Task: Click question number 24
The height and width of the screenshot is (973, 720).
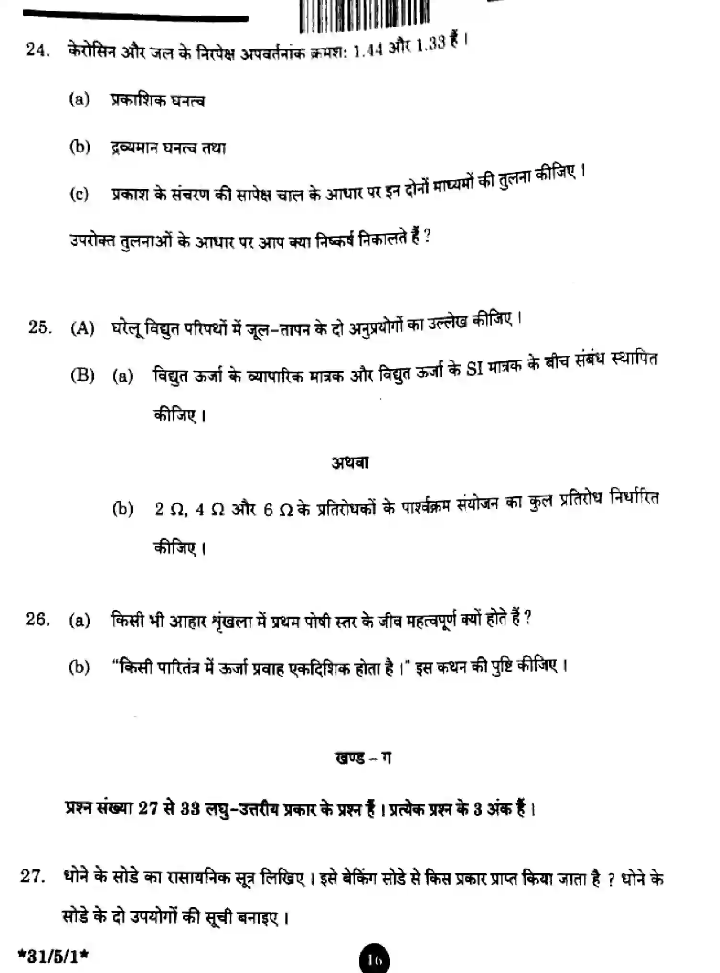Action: coord(38,50)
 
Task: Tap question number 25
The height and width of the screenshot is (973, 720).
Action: coord(40,328)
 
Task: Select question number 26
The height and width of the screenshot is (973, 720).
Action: coord(38,619)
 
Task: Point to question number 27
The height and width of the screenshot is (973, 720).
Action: coord(33,876)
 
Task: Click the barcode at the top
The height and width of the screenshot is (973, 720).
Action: coord(365,15)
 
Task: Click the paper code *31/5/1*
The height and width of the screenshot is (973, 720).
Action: coord(53,956)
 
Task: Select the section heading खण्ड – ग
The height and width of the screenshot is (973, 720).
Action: coord(363,759)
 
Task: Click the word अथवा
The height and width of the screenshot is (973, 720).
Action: coord(350,463)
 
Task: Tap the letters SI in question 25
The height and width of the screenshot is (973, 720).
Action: coord(475,368)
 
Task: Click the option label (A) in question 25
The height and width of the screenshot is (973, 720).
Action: coord(82,329)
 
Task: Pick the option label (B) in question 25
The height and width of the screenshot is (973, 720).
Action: coord(82,375)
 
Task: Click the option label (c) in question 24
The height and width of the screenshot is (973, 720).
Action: coord(79,194)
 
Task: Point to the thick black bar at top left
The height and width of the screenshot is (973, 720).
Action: coord(135,18)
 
